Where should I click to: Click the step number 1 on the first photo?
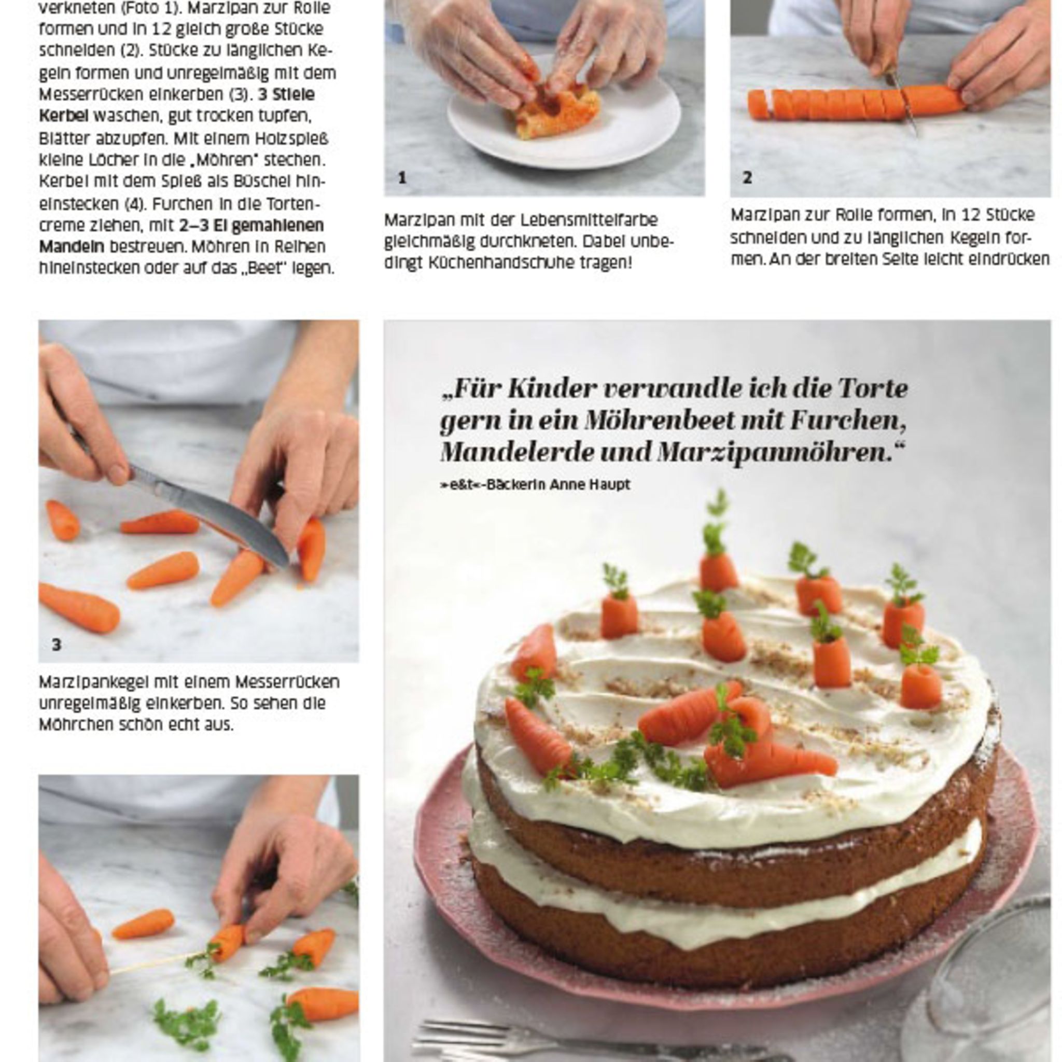pos(402,177)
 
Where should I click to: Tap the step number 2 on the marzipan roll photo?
pos(747,177)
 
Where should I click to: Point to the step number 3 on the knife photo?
pos(56,644)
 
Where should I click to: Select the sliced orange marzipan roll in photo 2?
pos(855,102)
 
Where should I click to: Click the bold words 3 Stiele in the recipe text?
pos(286,94)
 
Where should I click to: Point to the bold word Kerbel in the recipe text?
pos(63,116)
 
